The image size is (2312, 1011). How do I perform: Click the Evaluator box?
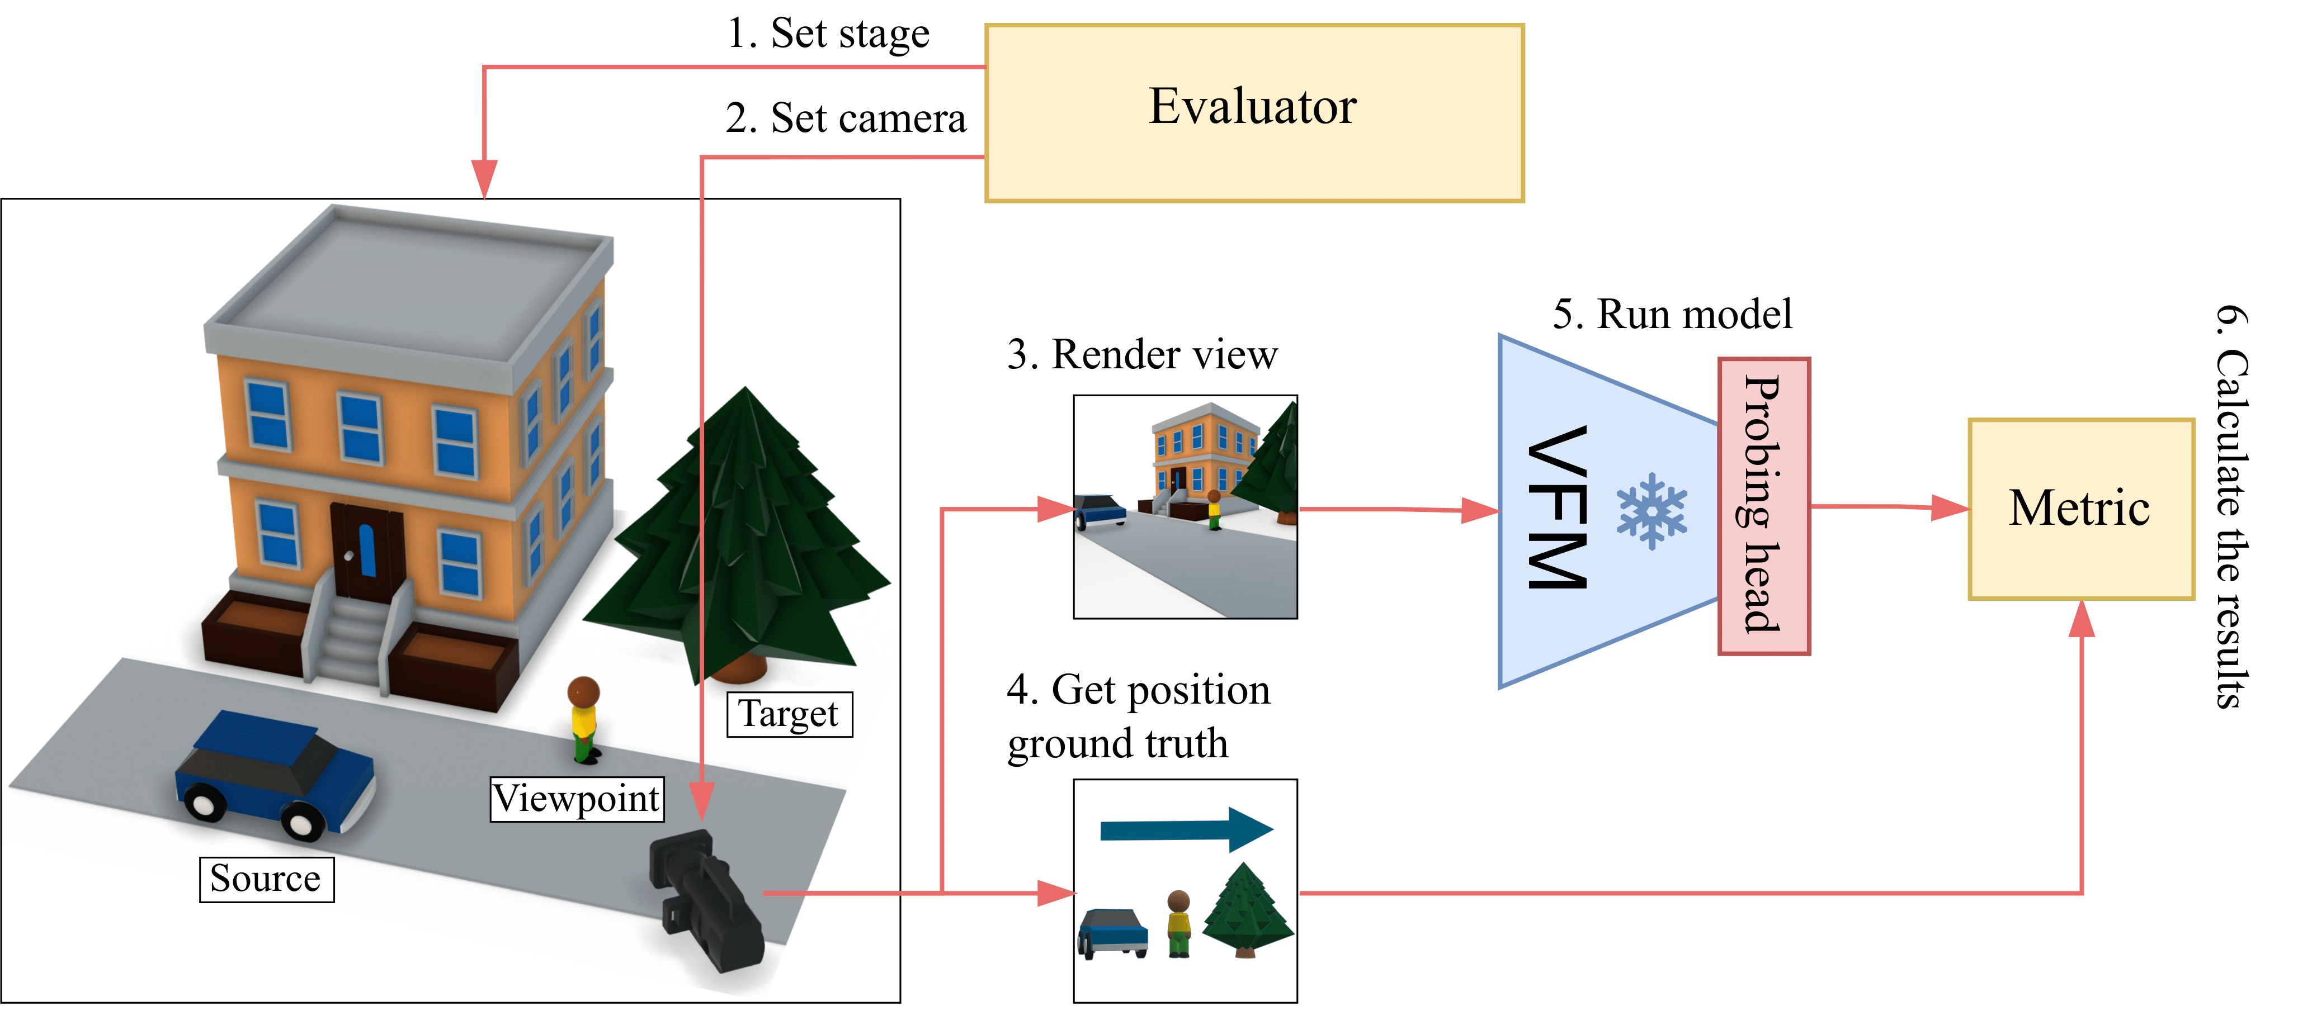pos(1254,112)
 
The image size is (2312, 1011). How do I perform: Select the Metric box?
pos(2080,508)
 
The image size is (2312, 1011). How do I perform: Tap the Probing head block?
pos(1763,506)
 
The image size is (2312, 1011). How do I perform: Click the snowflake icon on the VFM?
pos(1652,510)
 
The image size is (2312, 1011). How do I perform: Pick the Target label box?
pos(789,714)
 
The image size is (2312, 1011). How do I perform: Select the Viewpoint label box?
pos(576,799)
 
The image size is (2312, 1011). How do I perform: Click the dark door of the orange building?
pos(366,552)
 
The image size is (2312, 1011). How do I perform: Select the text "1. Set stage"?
pos(828,34)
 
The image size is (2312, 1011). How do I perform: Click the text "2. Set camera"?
pos(846,118)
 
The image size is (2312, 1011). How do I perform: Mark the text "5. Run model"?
pos(1672,315)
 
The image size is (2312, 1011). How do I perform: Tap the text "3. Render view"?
pos(1141,354)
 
